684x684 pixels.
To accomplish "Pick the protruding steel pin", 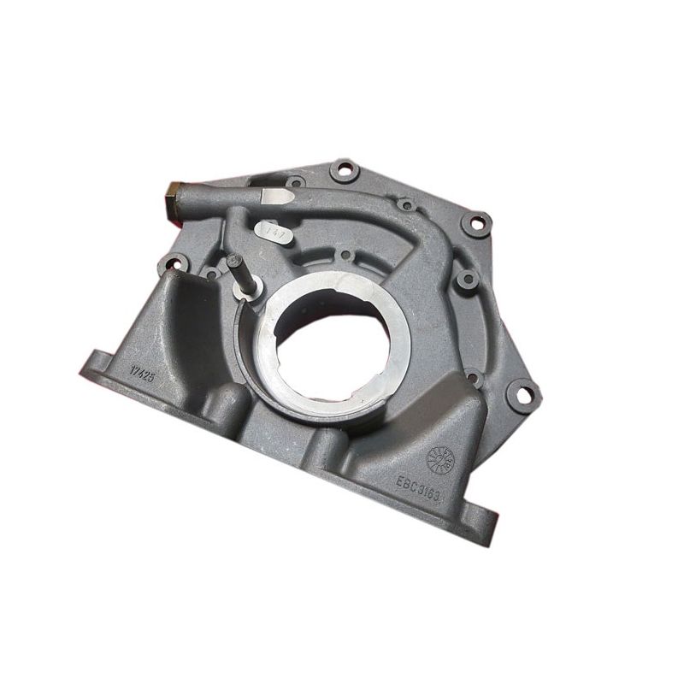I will (238, 272).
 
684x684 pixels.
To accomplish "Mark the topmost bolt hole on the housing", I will (344, 168).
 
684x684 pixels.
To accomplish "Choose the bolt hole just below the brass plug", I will (174, 264).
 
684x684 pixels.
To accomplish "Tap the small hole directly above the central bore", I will (345, 255).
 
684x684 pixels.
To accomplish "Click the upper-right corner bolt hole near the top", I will (475, 224).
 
